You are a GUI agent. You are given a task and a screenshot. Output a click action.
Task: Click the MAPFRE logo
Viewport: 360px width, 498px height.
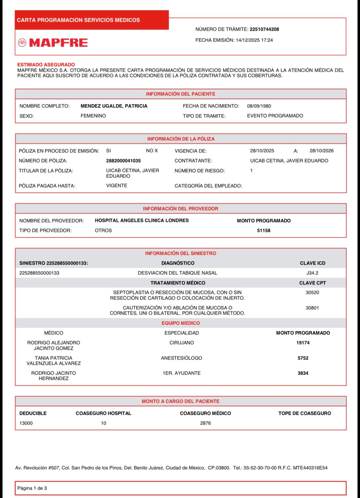[53, 43]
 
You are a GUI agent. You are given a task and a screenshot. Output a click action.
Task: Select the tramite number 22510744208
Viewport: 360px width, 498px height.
[264, 29]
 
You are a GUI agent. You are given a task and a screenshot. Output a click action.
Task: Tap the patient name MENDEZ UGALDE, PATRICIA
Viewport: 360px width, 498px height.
[114, 106]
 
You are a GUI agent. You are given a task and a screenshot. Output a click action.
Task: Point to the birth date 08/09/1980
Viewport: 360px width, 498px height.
[259, 106]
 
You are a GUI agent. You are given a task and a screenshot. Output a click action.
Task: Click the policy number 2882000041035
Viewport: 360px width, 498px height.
[123, 161]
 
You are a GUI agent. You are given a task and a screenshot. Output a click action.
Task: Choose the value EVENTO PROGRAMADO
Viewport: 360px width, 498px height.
[275, 116]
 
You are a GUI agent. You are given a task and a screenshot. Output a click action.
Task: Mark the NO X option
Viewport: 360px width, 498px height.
[152, 151]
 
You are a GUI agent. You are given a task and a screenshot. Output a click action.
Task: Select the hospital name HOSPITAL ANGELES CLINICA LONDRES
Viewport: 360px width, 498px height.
[142, 221]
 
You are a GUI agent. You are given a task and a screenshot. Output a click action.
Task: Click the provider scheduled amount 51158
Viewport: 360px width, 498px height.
[263, 231]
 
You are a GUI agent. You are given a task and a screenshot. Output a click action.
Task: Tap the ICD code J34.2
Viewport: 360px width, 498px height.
[312, 273]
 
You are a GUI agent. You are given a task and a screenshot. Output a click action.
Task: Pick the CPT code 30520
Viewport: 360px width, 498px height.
[312, 293]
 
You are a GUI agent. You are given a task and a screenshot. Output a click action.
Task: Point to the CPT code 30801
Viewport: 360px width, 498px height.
[312, 308]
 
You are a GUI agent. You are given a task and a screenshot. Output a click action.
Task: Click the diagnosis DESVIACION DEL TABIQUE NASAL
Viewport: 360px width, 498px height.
[178, 273]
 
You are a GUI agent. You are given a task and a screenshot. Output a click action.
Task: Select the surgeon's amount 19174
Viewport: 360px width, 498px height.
[303, 343]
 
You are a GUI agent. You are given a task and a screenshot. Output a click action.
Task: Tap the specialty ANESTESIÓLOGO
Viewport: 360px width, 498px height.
[181, 358]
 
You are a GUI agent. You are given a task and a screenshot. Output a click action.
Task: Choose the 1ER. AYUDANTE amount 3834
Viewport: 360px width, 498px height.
[303, 373]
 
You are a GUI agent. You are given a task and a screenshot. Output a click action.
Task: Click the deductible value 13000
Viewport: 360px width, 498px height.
[26, 423]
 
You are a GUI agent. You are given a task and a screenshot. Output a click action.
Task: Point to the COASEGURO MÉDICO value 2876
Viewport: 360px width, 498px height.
[205, 423]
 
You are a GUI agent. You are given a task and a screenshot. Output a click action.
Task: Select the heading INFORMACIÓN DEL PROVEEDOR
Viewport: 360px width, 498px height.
[180, 209]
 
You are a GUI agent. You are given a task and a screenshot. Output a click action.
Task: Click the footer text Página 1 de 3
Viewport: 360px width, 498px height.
[32, 488]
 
